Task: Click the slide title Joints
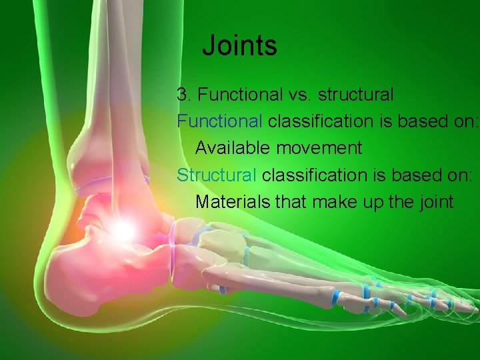pos(239,46)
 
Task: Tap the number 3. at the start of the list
pos(184,95)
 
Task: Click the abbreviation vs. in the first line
pos(299,95)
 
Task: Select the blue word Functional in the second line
pos(219,121)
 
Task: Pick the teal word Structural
pos(217,175)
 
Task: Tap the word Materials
pos(229,201)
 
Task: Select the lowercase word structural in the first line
pos(355,95)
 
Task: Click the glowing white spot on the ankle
pos(122,231)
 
